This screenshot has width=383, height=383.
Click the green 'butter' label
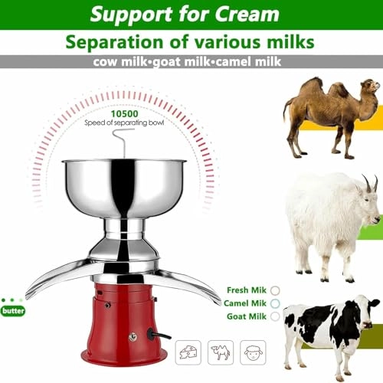coord(13,310)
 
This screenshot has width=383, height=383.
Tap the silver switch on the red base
coord(133,335)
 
